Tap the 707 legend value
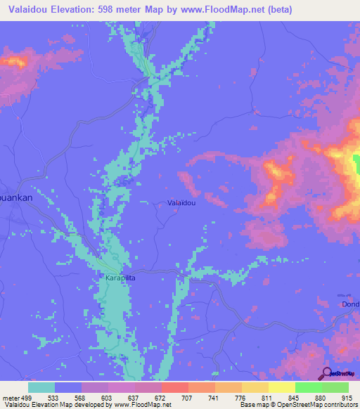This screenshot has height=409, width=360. tap(188, 397)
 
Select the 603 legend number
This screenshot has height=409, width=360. tap(108, 397)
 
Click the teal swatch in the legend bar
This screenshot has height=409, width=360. tap(41, 387)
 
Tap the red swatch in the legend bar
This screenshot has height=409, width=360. tap(175, 387)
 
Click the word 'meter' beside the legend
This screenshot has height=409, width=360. tap(10, 397)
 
